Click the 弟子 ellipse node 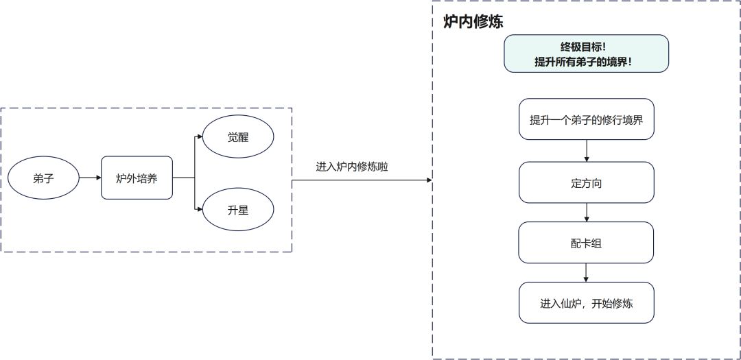tap(43, 178)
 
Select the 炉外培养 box tap(137, 178)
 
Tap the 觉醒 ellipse tap(238, 137)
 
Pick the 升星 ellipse tap(238, 211)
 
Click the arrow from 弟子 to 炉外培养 tap(90, 178)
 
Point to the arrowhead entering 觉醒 tap(200, 137)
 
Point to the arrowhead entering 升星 tap(200, 211)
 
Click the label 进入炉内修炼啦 tap(352, 167)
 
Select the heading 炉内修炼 tap(473, 22)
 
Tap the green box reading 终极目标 tap(585, 53)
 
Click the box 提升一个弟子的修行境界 tap(585, 119)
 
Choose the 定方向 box tap(585, 182)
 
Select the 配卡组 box tap(585, 242)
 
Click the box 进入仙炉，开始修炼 tap(585, 302)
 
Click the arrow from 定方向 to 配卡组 tap(586, 213)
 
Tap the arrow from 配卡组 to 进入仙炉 tap(586, 272)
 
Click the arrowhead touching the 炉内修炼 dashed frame tap(429, 180)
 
